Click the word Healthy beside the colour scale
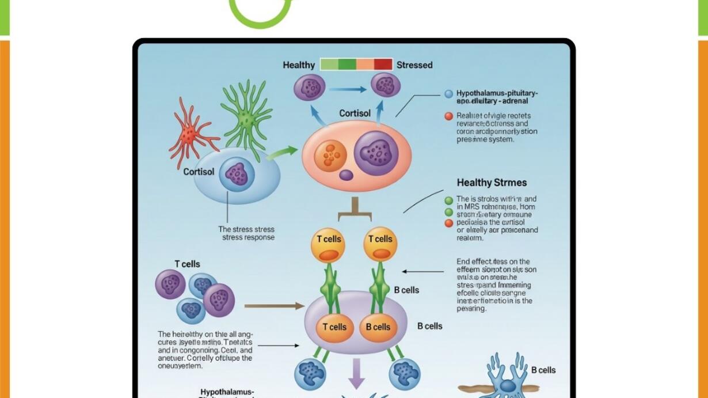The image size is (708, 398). click(x=298, y=65)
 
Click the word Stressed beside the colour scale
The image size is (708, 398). click(x=414, y=65)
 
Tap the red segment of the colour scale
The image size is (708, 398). click(x=383, y=64)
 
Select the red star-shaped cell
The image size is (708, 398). click(x=189, y=134)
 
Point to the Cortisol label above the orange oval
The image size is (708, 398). click(x=355, y=113)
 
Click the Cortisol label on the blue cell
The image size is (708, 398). click(x=199, y=172)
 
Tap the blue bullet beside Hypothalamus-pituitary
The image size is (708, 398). click(x=449, y=94)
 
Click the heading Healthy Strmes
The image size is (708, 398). click(x=492, y=183)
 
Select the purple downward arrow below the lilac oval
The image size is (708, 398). click(x=357, y=373)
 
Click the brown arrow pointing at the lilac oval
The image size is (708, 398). click(x=274, y=306)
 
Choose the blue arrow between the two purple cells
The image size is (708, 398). click(x=348, y=89)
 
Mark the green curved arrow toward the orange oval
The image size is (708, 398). click(x=281, y=153)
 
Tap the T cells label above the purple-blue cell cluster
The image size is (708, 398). click(x=187, y=264)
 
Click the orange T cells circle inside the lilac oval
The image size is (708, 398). click(x=334, y=327)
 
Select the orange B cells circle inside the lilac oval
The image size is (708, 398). click(x=378, y=327)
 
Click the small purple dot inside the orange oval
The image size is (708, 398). click(x=346, y=175)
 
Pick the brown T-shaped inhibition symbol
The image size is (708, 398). click(x=355, y=210)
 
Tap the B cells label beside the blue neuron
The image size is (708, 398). click(x=543, y=370)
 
